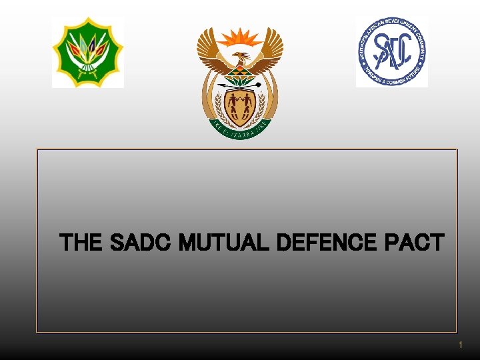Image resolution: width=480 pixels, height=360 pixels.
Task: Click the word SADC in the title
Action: coord(135,243)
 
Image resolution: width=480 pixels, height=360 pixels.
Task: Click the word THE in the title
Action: coord(81,243)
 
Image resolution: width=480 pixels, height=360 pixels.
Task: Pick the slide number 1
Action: coord(459,345)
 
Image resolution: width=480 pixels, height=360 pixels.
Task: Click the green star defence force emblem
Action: coord(88,53)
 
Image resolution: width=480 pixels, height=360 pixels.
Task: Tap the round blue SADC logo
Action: coord(392,52)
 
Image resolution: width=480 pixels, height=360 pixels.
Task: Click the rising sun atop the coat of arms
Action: coord(240,37)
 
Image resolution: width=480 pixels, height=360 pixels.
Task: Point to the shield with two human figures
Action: coord(240,107)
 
